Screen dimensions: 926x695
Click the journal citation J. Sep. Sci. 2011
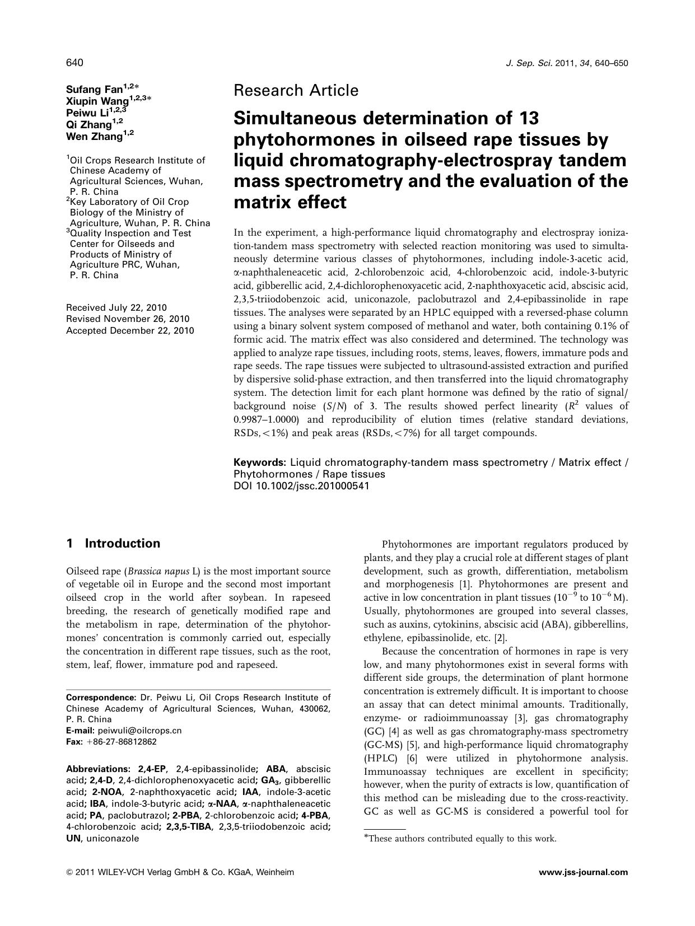pos(566,63)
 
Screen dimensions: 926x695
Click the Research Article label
pos(296,90)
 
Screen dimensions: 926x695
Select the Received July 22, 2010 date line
pos(116,308)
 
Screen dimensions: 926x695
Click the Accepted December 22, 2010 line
pos(130,331)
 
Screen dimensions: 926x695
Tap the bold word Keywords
pos(260,462)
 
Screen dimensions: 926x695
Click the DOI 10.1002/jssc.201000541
pos(301,486)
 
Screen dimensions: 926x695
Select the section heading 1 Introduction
pos(113,544)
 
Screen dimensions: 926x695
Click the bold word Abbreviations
pos(98,769)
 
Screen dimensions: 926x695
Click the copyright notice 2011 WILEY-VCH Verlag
pos(179,872)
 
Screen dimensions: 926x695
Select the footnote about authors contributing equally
pos(460,839)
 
